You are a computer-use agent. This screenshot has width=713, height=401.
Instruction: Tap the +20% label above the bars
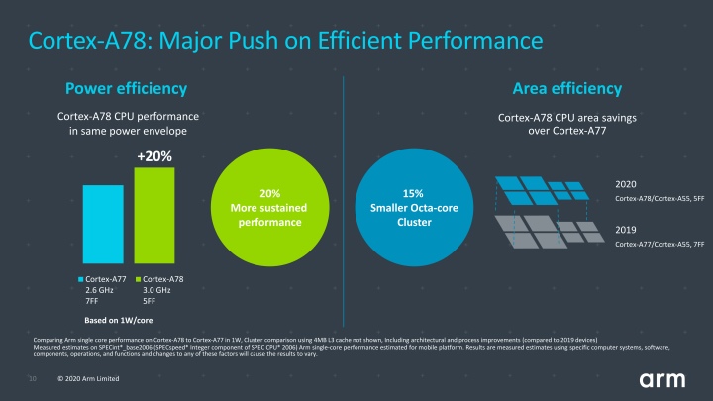click(x=153, y=156)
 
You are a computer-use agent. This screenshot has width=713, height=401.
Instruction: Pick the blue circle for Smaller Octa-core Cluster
click(x=415, y=206)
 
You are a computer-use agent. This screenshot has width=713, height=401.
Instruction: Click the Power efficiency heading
click(x=126, y=88)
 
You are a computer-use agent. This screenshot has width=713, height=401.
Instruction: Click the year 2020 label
click(x=626, y=184)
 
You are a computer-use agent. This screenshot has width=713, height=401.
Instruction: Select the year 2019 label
click(x=626, y=229)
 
